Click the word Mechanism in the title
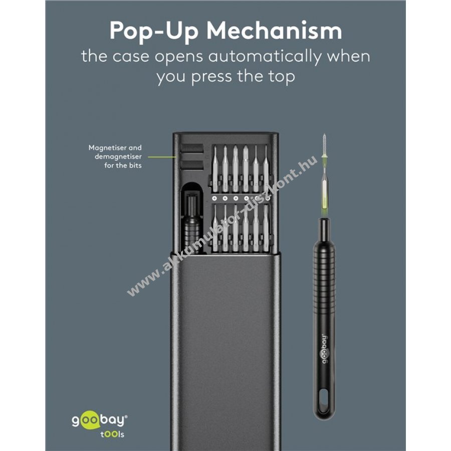[x=274, y=31]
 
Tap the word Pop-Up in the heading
[x=154, y=32]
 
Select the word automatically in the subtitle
[x=264, y=57]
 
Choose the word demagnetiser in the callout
[x=118, y=157]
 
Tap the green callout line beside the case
[x=162, y=157]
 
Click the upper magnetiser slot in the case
[x=191, y=148]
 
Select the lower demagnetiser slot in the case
[x=191, y=165]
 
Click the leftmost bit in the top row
[x=215, y=168]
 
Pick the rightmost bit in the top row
[x=266, y=168]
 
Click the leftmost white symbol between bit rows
[x=214, y=198]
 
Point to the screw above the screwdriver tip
[x=325, y=145]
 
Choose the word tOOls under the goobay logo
[x=112, y=434]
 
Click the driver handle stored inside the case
[x=191, y=221]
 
